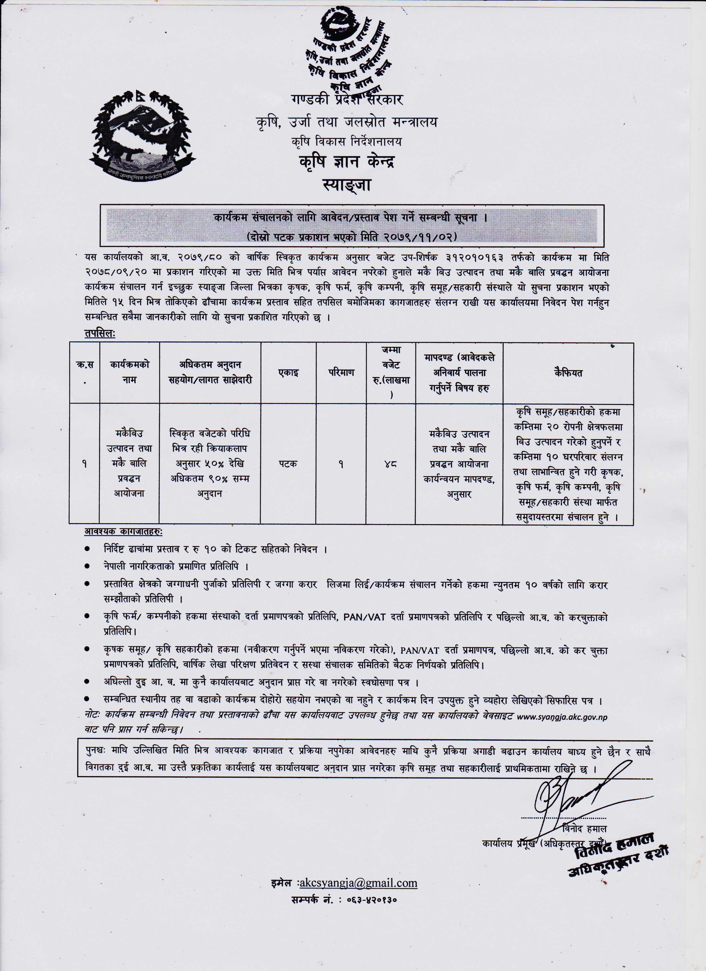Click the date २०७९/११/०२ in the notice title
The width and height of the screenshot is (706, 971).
coord(421,236)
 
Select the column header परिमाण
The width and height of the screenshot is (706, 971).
coord(341,372)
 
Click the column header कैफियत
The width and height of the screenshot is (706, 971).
coord(568,372)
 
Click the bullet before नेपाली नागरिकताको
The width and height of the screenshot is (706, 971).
coord(87,566)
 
